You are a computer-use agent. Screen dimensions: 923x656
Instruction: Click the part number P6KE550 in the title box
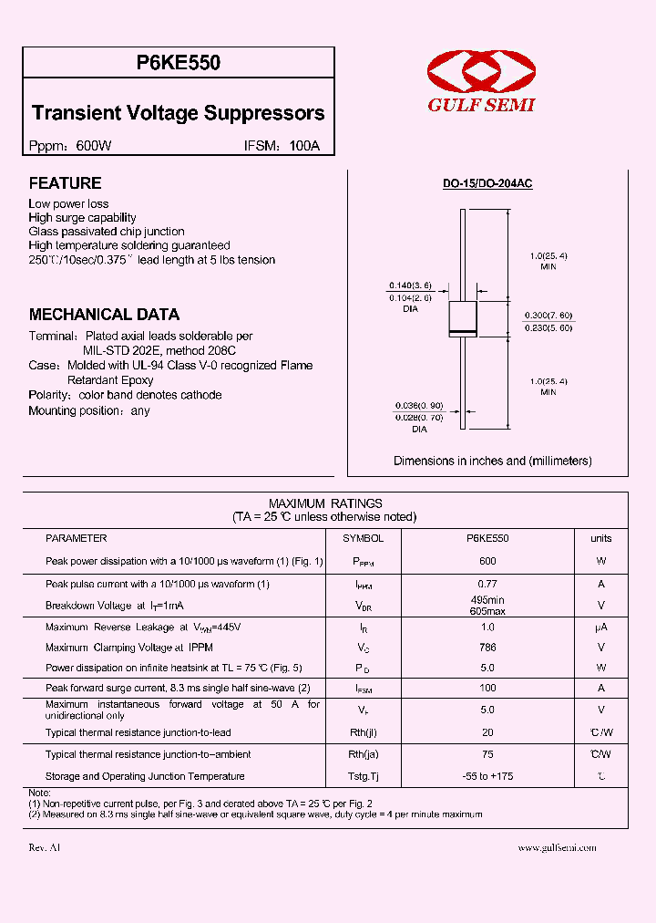tap(179, 64)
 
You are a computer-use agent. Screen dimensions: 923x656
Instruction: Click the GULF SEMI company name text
tap(482, 105)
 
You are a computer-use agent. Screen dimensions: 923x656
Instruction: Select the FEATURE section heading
tap(65, 183)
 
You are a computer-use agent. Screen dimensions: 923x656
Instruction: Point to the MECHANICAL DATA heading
tap(104, 315)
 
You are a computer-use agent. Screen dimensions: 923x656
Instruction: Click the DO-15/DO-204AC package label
tap(487, 183)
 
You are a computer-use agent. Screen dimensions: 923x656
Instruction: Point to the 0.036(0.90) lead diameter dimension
tap(418, 405)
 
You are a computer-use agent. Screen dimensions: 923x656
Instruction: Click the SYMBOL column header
tap(363, 539)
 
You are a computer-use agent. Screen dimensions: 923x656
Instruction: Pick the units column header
tap(600, 539)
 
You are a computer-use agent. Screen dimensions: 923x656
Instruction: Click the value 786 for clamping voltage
tap(487, 648)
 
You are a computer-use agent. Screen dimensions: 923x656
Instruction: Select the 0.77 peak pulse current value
tap(487, 584)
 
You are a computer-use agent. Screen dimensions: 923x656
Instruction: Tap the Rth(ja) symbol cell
tap(363, 754)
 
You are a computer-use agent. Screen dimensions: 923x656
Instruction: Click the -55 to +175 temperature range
tap(487, 776)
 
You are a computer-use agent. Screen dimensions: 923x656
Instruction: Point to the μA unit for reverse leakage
tap(600, 627)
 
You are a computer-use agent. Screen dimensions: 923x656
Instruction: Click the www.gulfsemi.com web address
tap(557, 847)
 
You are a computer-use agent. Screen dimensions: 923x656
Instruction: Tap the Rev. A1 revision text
tap(45, 847)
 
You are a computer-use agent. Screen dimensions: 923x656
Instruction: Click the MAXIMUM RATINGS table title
tap(325, 503)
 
